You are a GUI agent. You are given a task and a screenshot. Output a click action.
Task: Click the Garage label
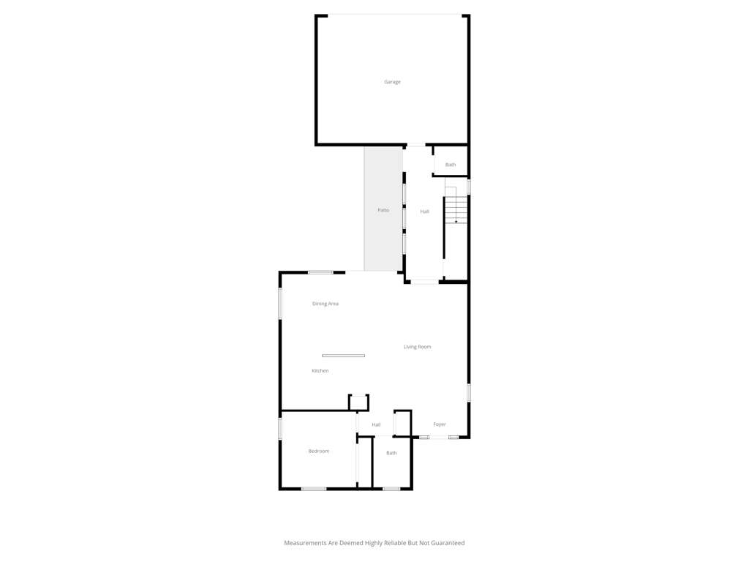point(392,82)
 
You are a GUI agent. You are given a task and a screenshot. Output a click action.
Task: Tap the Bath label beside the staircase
point(451,165)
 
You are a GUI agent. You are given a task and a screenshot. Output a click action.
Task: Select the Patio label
point(383,210)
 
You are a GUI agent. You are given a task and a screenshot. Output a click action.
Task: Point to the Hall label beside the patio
point(425,211)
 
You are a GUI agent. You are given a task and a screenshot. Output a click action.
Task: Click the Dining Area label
point(325,304)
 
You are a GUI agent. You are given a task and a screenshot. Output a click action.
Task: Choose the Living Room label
point(417,347)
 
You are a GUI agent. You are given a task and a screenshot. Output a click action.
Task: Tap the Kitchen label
point(320,371)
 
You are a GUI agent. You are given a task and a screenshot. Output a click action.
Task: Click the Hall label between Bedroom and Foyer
point(376,424)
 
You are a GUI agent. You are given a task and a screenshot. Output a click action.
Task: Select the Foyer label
point(440,424)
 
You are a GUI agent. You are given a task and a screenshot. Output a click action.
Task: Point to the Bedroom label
point(319,451)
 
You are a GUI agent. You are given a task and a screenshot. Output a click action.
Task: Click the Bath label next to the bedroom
point(391,453)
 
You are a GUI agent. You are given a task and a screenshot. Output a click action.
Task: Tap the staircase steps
point(456,210)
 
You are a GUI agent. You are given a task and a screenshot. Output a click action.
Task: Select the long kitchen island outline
point(344,356)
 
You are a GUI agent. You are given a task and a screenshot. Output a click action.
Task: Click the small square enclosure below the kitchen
point(358,402)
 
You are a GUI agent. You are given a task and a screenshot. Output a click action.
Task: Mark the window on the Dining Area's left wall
point(280,303)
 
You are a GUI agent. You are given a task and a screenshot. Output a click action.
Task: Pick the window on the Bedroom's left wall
point(280,429)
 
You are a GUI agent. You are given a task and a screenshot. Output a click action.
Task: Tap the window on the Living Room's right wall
point(469,392)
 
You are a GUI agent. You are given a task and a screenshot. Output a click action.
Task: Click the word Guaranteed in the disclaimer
point(448,543)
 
